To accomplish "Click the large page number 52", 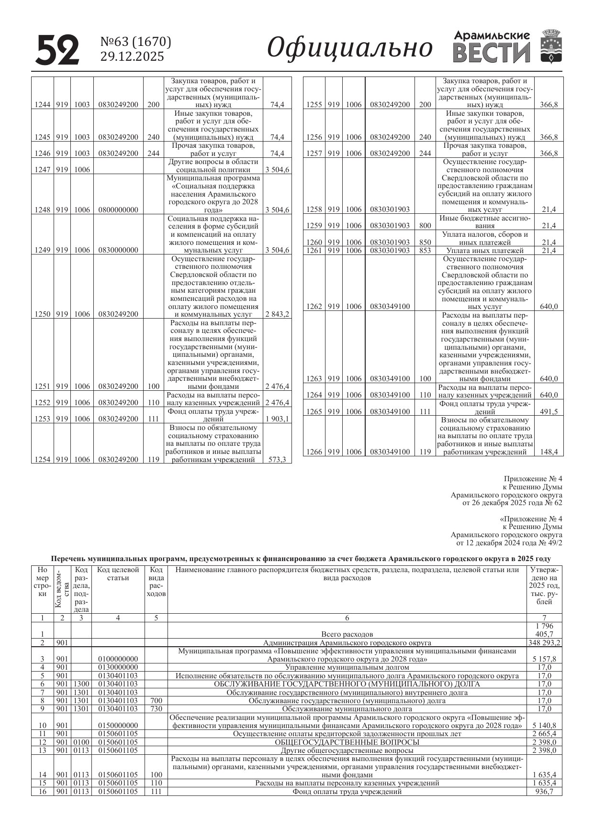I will coord(57,50).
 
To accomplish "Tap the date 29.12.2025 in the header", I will coord(132,57).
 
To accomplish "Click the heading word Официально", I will coord(349,48).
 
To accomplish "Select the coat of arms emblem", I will coord(551,46).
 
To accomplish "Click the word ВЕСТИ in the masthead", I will coord(492,53).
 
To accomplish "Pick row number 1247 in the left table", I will coord(43,169).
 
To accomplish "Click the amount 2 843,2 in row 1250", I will coord(277,314).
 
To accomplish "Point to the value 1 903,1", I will coord(277,419).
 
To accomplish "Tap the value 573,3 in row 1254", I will coord(277,460).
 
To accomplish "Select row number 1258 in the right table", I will coord(314,210).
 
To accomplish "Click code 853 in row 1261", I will coord(425,251).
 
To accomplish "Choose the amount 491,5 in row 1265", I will coord(549,411).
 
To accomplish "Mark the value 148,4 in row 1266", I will coord(549,452).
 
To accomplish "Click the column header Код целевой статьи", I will coord(118,574).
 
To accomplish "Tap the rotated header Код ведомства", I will coord(62,589).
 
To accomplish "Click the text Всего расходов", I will coord(347,634).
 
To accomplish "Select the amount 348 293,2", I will coord(544,643).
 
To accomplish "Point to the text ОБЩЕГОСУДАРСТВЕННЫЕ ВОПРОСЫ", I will coord(347,742).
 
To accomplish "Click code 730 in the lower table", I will coord(156,709).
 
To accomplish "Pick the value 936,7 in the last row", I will coord(544,792).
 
